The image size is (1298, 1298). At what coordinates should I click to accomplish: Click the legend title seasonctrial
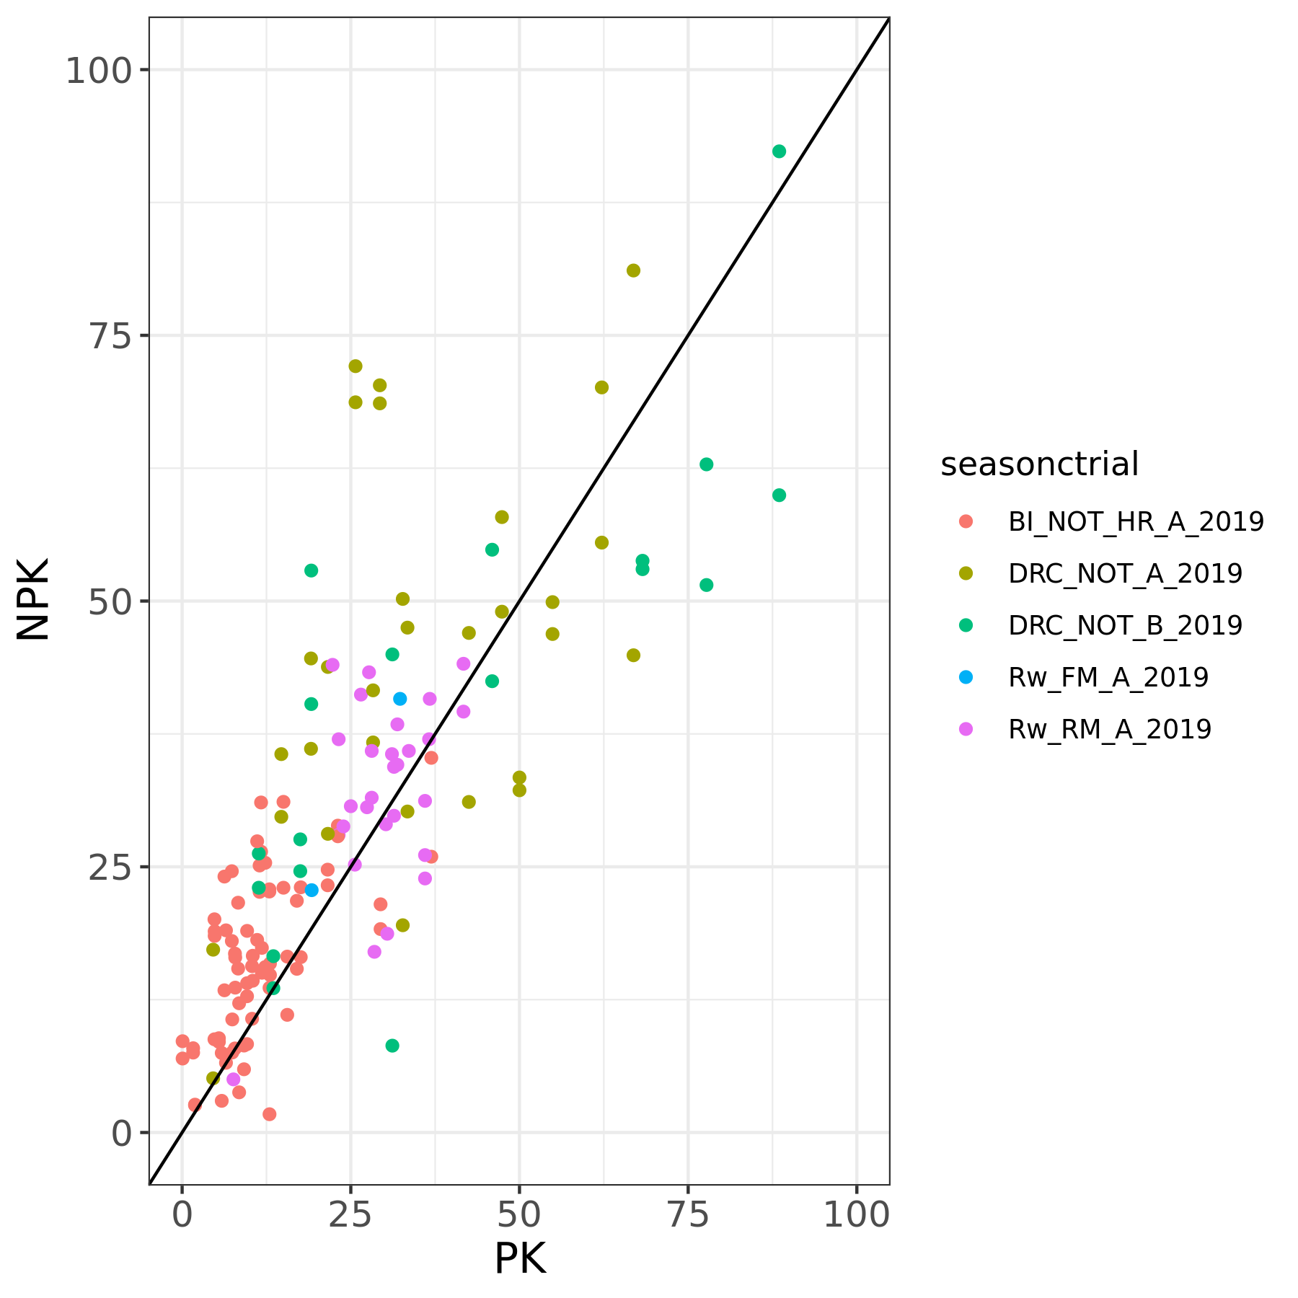[x=1039, y=464]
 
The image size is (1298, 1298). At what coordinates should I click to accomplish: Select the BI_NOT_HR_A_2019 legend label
[x=1136, y=521]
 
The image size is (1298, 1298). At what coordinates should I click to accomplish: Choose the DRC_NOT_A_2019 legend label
[x=1125, y=573]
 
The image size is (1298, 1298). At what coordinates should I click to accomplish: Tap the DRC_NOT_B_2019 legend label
[x=1125, y=625]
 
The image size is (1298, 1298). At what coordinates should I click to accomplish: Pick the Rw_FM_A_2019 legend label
[x=1108, y=677]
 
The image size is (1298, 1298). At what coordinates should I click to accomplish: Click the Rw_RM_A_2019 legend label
[x=1109, y=729]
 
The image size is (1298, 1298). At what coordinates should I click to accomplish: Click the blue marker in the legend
[x=966, y=677]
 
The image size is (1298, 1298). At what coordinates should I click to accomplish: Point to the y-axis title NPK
[x=33, y=599]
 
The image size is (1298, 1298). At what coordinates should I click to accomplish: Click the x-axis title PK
[x=519, y=1259]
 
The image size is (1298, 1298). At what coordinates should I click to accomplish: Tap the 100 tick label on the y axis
[x=100, y=71]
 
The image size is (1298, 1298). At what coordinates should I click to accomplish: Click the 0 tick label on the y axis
[x=120, y=1134]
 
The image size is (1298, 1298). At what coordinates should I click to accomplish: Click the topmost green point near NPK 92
[x=779, y=151]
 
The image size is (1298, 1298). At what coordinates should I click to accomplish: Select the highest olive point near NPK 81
[x=633, y=270]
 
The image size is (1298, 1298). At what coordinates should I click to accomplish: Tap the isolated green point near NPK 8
[x=392, y=1046]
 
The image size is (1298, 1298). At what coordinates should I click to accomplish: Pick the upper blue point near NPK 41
[x=399, y=699]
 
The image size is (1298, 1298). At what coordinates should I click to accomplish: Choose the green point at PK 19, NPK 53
[x=311, y=570]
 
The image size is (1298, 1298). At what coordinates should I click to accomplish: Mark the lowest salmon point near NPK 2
[x=269, y=1114]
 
